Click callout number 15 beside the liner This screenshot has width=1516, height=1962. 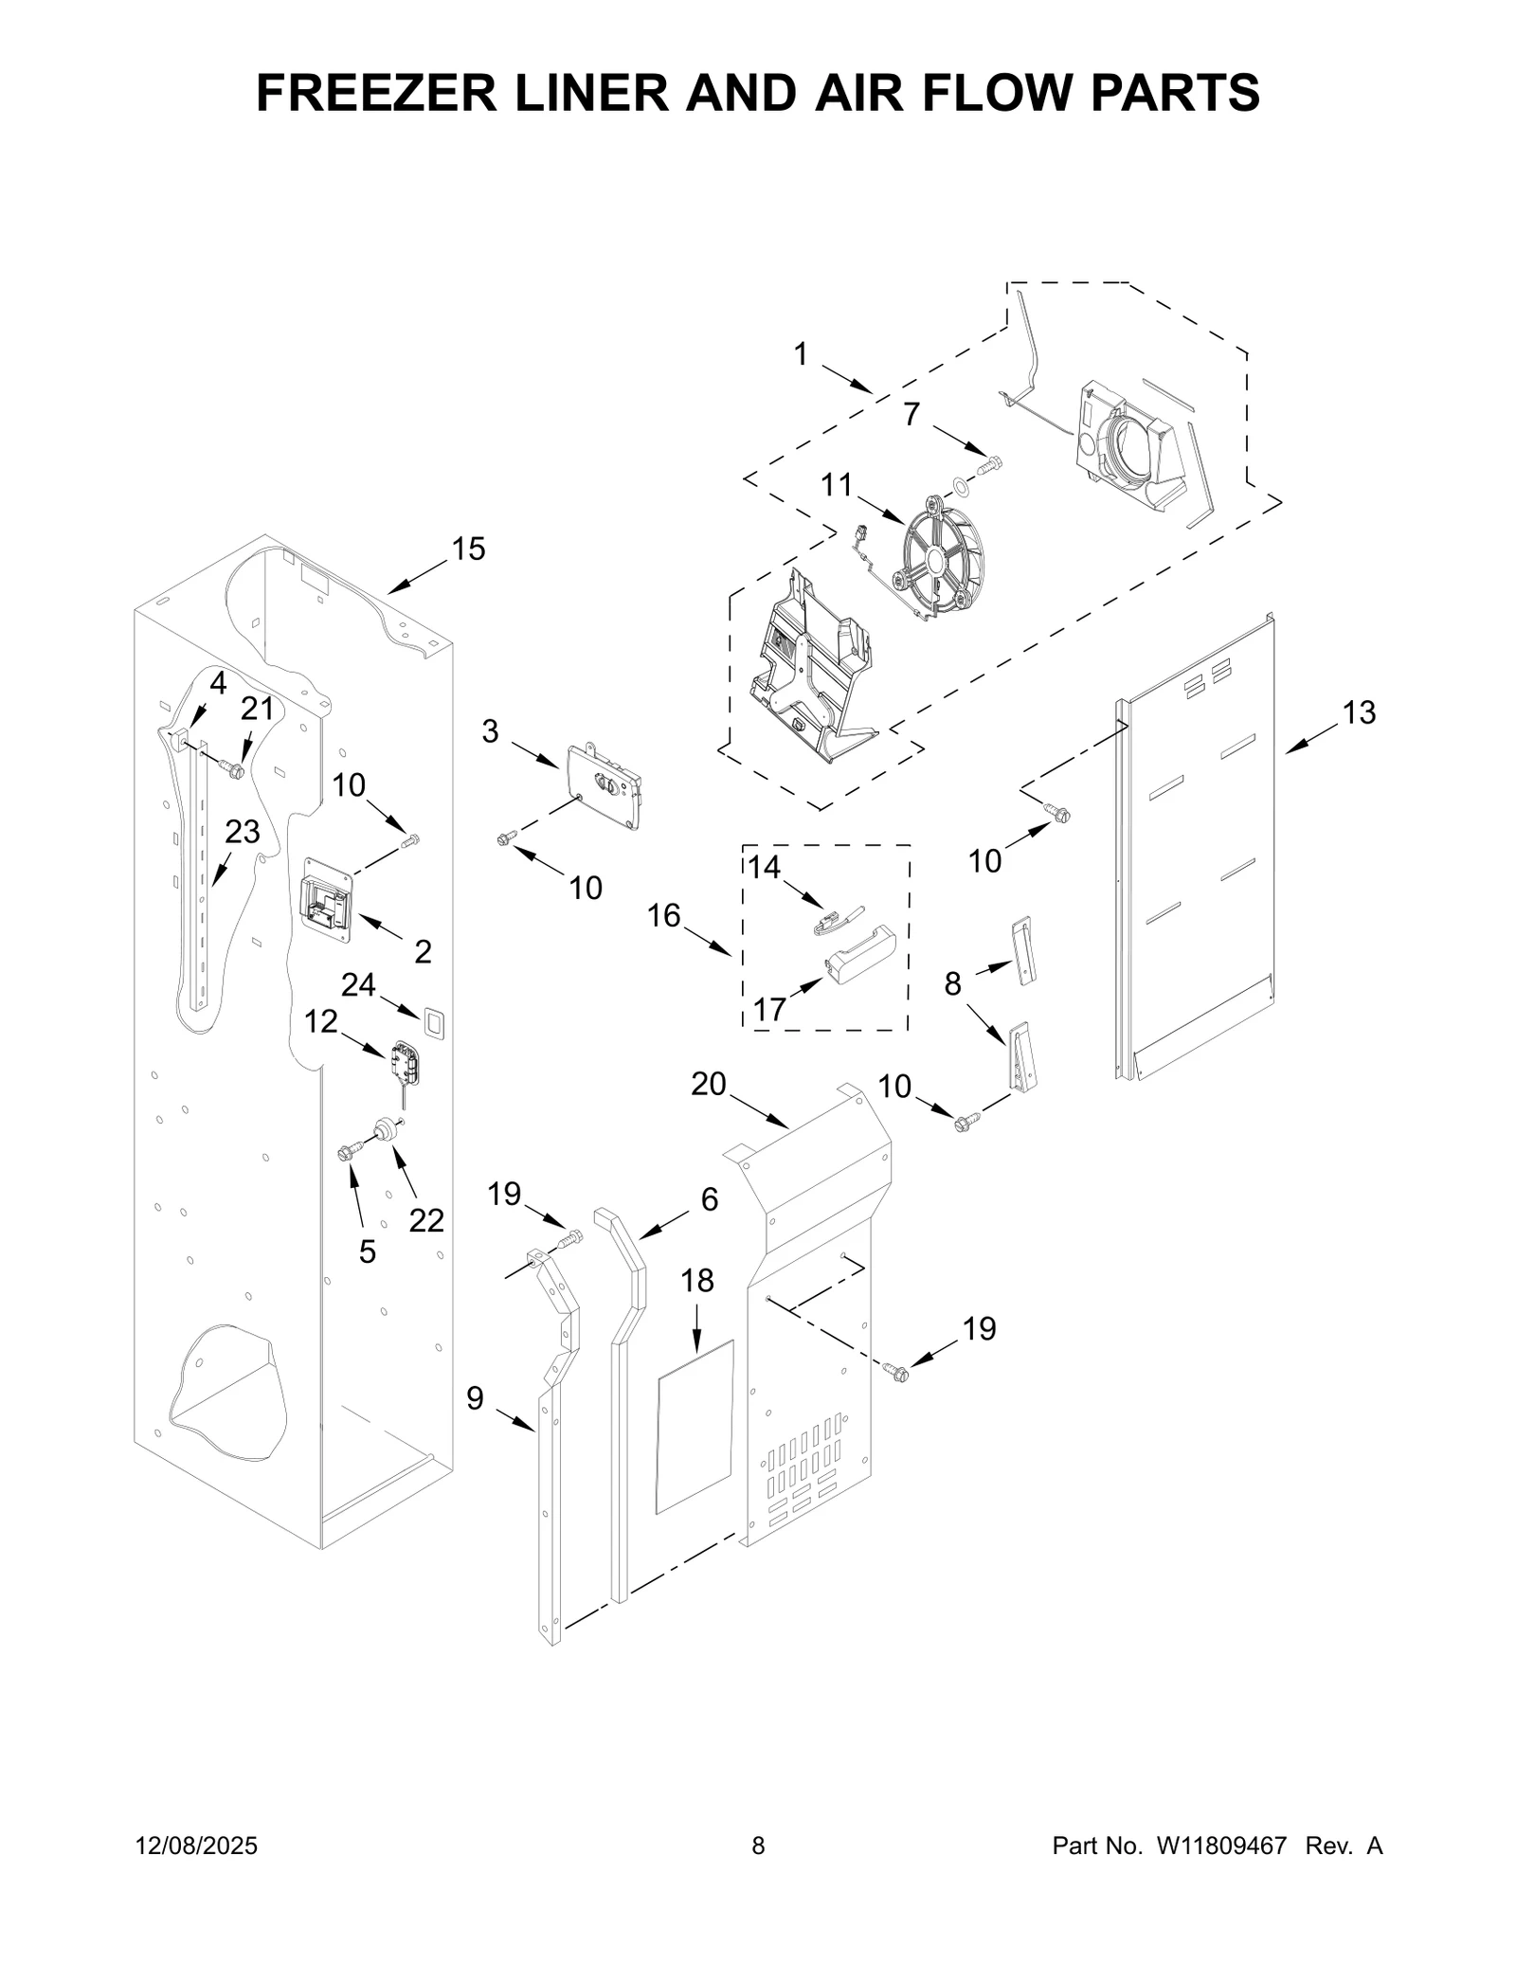point(468,549)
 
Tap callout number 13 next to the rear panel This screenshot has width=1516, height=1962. point(1359,712)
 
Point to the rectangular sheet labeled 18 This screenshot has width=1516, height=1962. point(695,1426)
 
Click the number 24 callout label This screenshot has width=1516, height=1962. point(358,984)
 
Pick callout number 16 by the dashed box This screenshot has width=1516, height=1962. point(664,915)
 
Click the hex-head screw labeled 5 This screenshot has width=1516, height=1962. point(346,1152)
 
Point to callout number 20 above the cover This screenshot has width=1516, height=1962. point(709,1084)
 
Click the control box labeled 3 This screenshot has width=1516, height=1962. point(605,786)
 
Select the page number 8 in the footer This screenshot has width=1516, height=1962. point(758,1845)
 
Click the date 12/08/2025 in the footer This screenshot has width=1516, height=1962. point(197,1845)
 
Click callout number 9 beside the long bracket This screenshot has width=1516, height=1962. point(475,1397)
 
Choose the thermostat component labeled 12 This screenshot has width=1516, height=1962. point(405,1061)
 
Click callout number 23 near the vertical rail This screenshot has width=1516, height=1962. point(243,832)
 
